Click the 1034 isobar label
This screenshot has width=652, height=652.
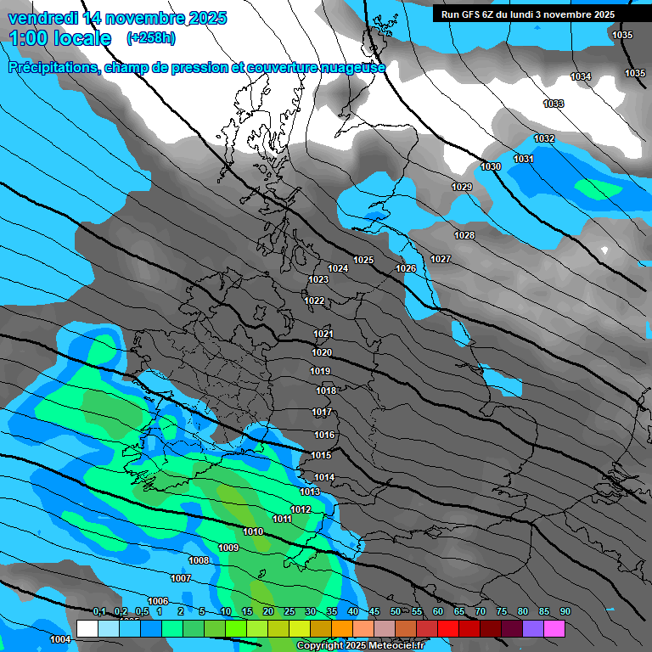click(x=581, y=77)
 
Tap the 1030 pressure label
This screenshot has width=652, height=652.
click(x=491, y=166)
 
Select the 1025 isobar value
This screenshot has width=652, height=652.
click(x=363, y=260)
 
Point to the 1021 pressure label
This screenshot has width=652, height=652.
click(x=323, y=334)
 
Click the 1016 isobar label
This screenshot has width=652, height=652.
click(x=324, y=435)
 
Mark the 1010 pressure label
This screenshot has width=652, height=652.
click(x=253, y=531)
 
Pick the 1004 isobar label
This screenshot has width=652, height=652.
click(x=59, y=639)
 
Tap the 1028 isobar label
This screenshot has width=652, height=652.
click(x=464, y=235)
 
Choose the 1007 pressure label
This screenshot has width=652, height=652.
click(x=181, y=578)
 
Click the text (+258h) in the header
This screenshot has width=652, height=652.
click(x=151, y=38)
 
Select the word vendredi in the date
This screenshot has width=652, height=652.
click(x=42, y=17)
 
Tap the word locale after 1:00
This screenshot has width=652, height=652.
click(x=83, y=38)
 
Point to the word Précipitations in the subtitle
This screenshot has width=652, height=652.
click(x=54, y=67)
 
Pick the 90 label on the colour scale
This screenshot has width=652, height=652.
click(x=565, y=612)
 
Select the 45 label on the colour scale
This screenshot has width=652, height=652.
click(x=374, y=612)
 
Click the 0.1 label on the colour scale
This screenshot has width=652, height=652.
click(x=98, y=612)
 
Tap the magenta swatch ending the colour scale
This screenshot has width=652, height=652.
click(x=554, y=628)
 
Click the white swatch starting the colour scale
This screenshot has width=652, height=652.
click(x=87, y=628)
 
